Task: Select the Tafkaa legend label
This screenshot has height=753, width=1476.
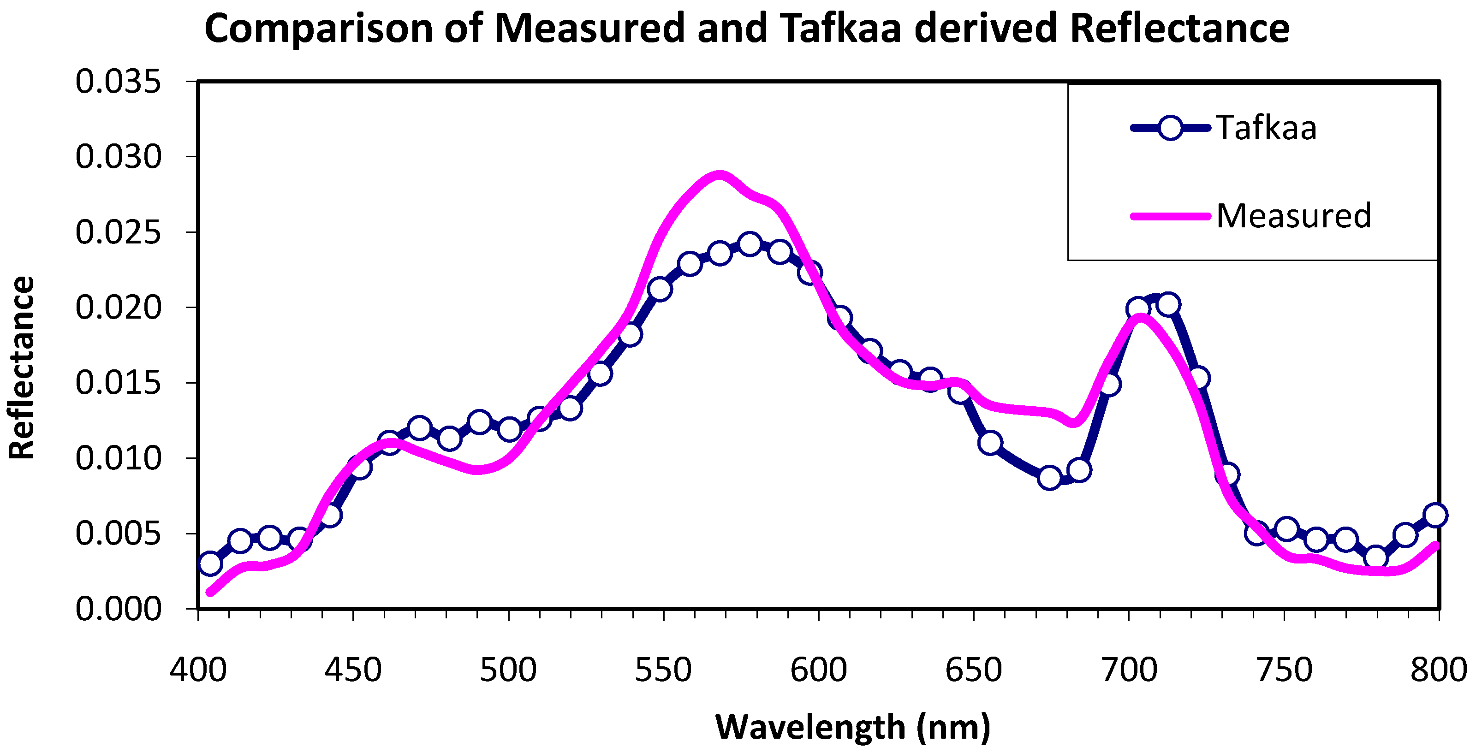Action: tap(1266, 128)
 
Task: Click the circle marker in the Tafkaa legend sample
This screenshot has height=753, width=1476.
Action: tap(1170, 128)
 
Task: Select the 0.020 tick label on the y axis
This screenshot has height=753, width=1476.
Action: tap(118, 308)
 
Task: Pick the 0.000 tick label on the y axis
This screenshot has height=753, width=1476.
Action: tap(118, 609)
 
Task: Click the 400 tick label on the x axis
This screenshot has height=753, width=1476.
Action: tap(198, 670)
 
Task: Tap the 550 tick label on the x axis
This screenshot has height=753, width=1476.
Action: tap(664, 670)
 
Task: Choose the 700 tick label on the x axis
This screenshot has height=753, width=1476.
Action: tap(1129, 670)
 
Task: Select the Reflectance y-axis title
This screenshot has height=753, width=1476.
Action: tap(22, 368)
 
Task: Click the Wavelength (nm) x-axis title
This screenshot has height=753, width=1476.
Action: tap(852, 727)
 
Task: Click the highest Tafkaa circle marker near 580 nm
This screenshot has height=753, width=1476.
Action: tap(750, 244)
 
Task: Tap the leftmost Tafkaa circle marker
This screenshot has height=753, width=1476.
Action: tap(210, 563)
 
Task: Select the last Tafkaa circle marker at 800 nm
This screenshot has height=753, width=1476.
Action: tap(1435, 515)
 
